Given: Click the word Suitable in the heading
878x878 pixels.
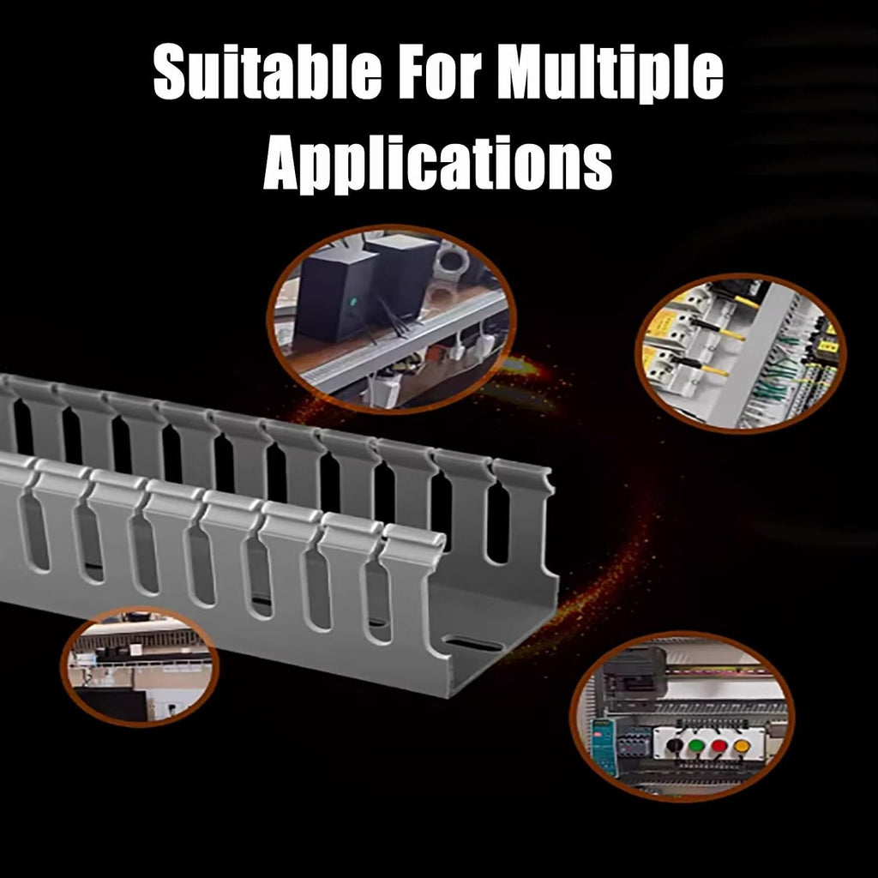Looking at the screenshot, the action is point(268,72).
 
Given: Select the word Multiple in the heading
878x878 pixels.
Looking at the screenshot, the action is point(610,75).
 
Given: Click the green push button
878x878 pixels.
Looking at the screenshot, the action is point(696,746).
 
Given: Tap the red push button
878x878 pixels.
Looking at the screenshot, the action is point(719,746).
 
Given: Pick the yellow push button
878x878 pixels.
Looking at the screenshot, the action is point(742,746).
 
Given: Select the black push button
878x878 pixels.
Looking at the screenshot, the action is point(675,745).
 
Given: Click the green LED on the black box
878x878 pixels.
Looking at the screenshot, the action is point(352,303).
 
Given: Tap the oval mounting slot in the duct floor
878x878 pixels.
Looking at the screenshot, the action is point(476,644).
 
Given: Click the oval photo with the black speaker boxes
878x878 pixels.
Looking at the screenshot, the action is point(391,319).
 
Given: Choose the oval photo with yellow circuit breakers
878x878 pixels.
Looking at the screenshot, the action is point(740,353).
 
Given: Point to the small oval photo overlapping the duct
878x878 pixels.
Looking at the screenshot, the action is point(140,667).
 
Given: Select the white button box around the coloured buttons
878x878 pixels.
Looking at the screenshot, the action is point(709,744).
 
